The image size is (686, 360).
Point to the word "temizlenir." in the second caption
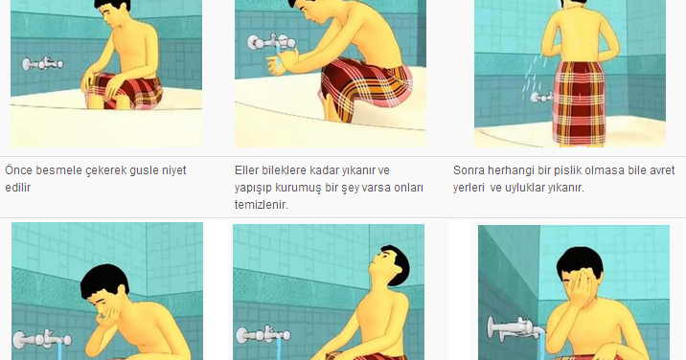click(262, 204)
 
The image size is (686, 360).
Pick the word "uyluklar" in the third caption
click(529, 188)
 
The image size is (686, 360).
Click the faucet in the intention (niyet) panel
click(42, 64)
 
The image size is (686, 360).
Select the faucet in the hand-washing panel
click(271, 42)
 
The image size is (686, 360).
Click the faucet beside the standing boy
click(541, 97)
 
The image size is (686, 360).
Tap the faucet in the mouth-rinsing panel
click(41, 340)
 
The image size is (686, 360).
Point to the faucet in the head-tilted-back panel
click(263, 335)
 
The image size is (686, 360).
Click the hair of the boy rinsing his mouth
click(105, 281)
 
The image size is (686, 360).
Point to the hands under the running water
click(284, 62)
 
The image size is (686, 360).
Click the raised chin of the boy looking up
click(374, 265)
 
